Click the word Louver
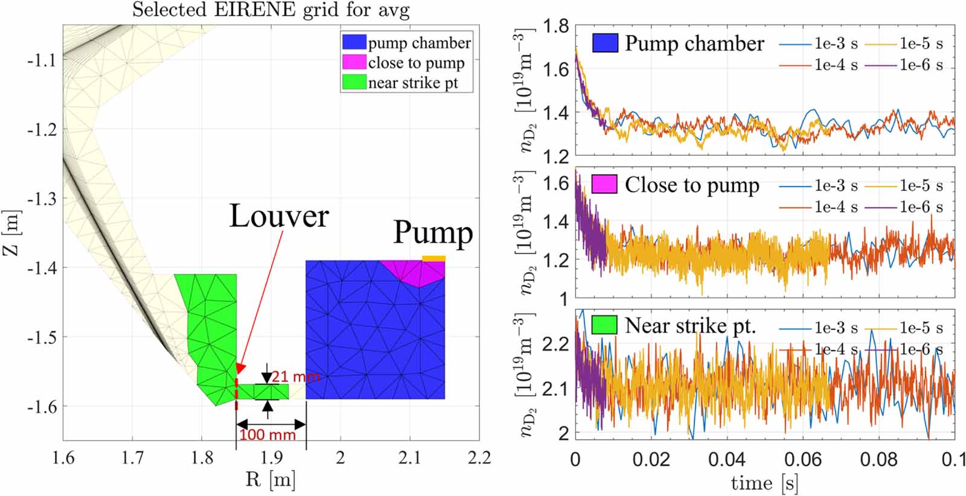[x=278, y=216]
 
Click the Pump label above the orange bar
[x=432, y=232]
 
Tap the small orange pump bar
[x=433, y=258]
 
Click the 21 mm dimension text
[x=295, y=377]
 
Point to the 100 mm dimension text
[x=268, y=434]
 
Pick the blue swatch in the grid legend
[x=354, y=42]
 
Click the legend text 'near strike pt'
[x=413, y=83]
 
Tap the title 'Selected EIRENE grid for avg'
[x=270, y=10]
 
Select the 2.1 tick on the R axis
[x=409, y=458]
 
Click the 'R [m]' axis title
[x=270, y=480]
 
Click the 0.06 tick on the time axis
[x=802, y=459]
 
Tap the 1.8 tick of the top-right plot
[x=555, y=26]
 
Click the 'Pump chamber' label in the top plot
[x=694, y=43]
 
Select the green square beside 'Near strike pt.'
[x=604, y=325]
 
